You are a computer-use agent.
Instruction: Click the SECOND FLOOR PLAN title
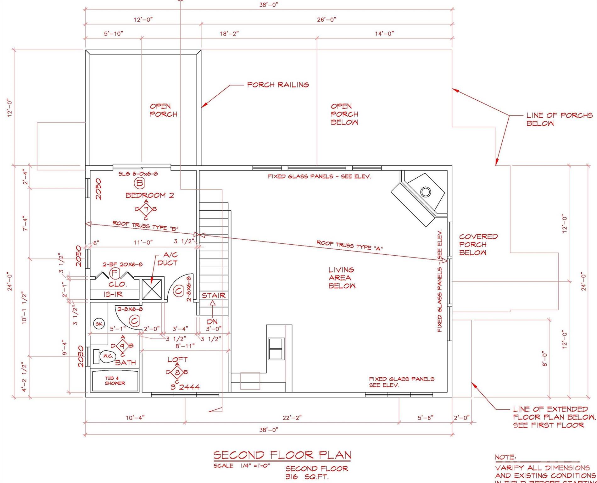282,455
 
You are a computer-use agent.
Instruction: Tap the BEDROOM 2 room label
149,195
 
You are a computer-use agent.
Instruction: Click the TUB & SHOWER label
115,381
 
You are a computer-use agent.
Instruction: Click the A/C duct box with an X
152,289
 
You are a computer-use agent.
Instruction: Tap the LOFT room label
177,359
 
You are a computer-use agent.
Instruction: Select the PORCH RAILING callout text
278,85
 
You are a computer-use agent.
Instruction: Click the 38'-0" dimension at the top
269,5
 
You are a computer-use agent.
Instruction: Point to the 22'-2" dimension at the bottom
292,418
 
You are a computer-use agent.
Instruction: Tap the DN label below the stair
213,322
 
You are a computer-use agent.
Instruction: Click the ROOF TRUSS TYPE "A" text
349,245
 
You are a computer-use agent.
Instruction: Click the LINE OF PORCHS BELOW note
559,119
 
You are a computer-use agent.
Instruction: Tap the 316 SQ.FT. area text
307,477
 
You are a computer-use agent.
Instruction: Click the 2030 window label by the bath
81,356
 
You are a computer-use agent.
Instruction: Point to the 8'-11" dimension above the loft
185,346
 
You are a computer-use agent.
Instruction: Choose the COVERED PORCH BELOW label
478,244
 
